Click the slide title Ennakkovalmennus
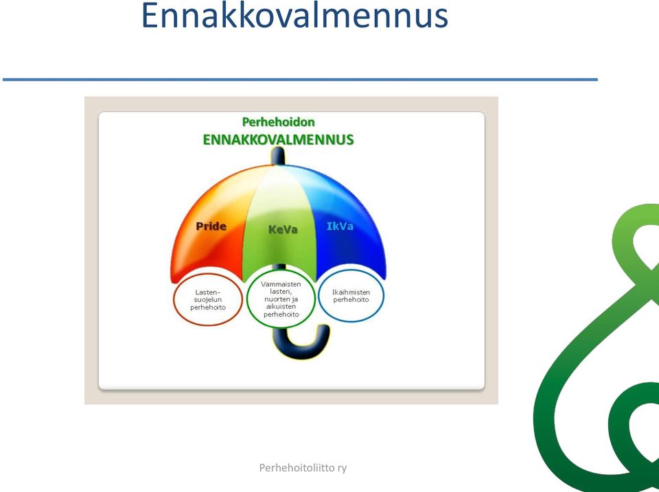pyautogui.click(x=294, y=15)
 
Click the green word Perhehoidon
pyautogui.click(x=278, y=122)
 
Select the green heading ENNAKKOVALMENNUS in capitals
pyautogui.click(x=278, y=139)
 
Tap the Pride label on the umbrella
pyautogui.click(x=211, y=226)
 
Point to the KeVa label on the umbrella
pyautogui.click(x=283, y=229)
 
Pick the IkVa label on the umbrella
pyautogui.click(x=340, y=226)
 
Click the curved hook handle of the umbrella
pyautogui.click(x=301, y=352)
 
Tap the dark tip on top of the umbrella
pyautogui.click(x=278, y=156)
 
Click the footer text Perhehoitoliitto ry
pyautogui.click(x=303, y=467)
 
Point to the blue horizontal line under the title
pyautogui.click(x=300, y=79)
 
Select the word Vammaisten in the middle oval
pyautogui.click(x=281, y=284)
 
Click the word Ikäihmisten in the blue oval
pyautogui.click(x=351, y=292)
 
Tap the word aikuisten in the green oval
pyautogui.click(x=281, y=307)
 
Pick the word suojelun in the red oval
pyautogui.click(x=207, y=300)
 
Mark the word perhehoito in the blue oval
pyautogui.click(x=351, y=300)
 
